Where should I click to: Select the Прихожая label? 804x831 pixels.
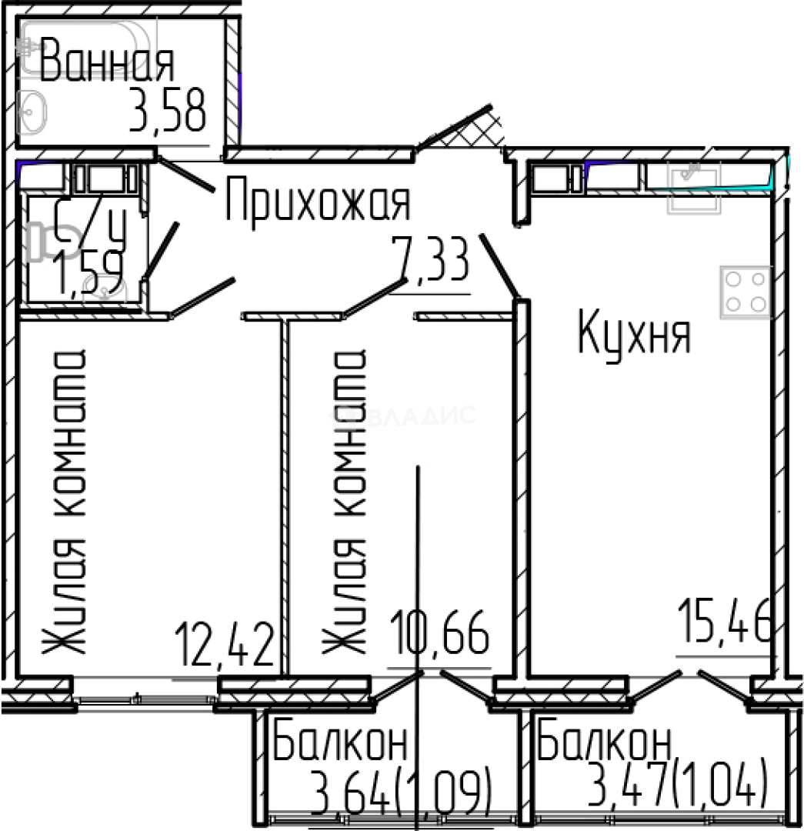[318, 202]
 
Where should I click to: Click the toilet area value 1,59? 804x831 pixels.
[87, 276]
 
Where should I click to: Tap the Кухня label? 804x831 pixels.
[635, 335]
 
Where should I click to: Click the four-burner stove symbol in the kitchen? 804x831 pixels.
[746, 292]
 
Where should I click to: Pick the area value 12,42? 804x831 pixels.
[224, 646]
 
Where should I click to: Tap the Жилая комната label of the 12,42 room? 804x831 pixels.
[65, 504]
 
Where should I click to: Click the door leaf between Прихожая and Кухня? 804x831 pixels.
[499, 265]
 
